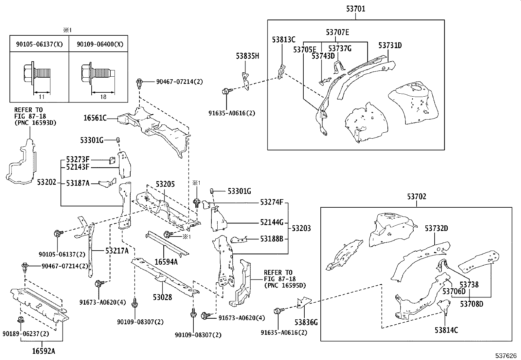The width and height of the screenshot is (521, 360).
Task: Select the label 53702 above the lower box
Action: [417, 197]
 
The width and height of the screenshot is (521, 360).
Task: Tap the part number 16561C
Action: [95, 118]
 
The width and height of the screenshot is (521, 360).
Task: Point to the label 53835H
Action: [247, 56]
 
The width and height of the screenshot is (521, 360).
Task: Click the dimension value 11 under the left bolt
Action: [42, 97]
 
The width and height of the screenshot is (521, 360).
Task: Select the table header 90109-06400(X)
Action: [100, 44]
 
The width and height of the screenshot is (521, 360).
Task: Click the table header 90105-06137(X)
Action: [39, 44]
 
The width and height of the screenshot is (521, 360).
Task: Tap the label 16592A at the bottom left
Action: [44, 351]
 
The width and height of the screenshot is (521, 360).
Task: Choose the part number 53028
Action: [162, 297]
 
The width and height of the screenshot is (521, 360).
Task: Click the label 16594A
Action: [166, 262]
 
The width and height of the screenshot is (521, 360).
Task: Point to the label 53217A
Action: [117, 251]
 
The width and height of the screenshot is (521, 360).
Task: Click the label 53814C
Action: [446, 330]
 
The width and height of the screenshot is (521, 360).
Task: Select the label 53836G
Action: [306, 322]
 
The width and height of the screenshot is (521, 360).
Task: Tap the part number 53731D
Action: [390, 45]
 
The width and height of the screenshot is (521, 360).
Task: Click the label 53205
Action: [165, 184]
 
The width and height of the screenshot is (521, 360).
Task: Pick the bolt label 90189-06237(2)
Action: [26, 334]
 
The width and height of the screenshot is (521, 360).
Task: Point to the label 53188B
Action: [272, 239]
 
